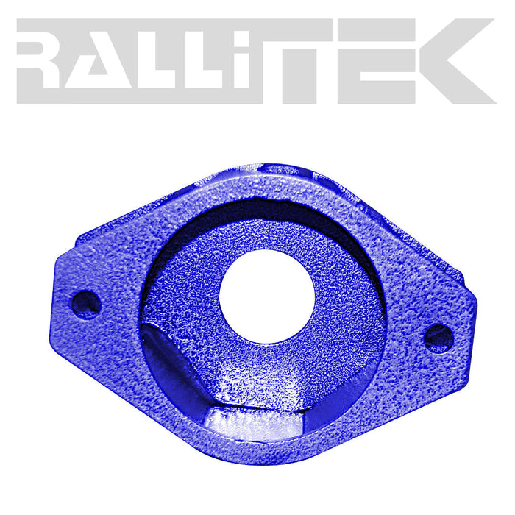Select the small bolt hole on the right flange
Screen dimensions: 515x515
[438, 338]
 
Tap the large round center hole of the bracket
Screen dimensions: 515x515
[266, 295]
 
